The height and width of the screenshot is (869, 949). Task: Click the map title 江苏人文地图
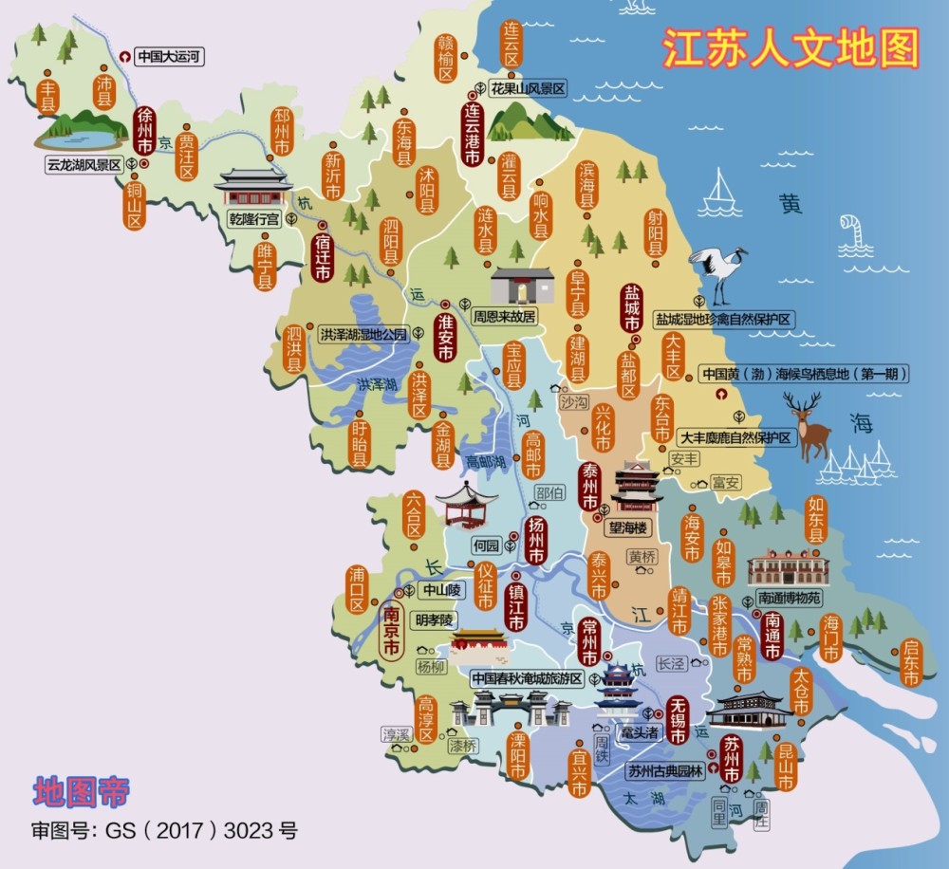point(790,48)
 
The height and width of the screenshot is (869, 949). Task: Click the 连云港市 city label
point(472,134)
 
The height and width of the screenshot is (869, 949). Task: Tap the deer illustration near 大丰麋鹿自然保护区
point(809,426)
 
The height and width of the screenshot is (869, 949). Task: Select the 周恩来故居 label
point(504,315)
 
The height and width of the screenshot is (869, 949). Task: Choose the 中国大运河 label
point(170,56)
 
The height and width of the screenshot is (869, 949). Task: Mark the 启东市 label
point(912,663)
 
